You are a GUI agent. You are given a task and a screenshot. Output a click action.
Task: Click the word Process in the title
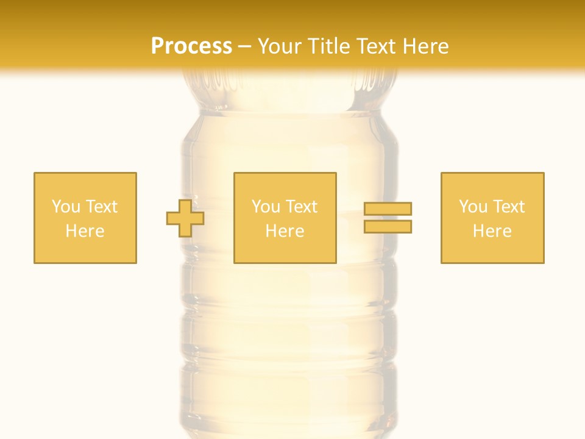tap(191, 46)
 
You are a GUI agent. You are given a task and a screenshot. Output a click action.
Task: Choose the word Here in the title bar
tap(427, 46)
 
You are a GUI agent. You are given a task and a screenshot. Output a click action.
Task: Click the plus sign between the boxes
tap(185, 218)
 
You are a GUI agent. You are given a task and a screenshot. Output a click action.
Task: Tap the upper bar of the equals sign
tap(388, 209)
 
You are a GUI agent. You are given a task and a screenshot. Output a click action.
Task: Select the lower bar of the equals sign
tap(388, 226)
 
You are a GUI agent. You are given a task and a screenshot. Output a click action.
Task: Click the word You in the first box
tap(66, 207)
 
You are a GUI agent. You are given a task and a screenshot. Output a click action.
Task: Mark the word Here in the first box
tap(85, 231)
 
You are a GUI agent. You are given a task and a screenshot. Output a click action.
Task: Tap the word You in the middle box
tap(266, 207)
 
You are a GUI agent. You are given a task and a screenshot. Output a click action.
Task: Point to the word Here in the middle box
tap(285, 231)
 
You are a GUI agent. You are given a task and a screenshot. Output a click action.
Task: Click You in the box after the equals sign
tap(473, 207)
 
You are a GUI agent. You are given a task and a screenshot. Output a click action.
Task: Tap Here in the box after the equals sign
tap(492, 231)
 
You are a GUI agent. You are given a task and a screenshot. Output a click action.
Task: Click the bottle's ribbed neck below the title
tap(290, 91)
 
